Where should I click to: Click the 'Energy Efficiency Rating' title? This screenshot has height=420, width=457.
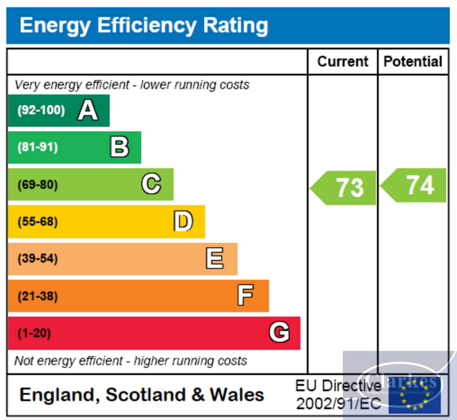[x=144, y=25]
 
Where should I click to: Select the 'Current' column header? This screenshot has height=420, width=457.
[x=343, y=62]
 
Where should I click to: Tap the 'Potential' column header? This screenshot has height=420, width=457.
[x=413, y=62]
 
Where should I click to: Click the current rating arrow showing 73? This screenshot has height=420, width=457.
[x=344, y=188]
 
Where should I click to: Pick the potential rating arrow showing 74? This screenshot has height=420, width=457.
[x=414, y=185]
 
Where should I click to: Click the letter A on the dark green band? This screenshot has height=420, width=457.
[x=87, y=110]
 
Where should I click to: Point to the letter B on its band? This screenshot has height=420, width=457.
[x=120, y=147]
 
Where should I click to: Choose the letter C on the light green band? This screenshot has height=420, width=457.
[x=151, y=184]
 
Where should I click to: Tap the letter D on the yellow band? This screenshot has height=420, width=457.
[x=183, y=222]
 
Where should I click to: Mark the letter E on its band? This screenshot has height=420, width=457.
[x=215, y=259]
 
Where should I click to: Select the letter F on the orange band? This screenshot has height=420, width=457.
[x=245, y=296]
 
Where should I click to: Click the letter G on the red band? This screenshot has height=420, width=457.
[x=279, y=333]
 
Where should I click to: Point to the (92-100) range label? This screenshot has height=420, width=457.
[x=41, y=110]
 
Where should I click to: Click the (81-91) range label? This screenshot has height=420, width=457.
[x=37, y=147]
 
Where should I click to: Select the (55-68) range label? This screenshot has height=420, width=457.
[x=37, y=222]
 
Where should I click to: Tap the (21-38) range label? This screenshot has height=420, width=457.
[x=37, y=296]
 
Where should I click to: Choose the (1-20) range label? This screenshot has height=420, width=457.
[x=34, y=333]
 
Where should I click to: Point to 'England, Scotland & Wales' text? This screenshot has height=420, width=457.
[x=142, y=395]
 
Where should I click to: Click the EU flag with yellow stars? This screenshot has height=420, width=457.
[x=415, y=395]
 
